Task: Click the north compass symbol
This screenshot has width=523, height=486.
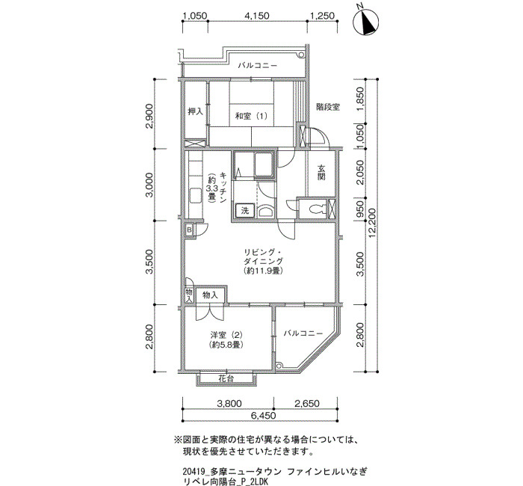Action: point(366,22)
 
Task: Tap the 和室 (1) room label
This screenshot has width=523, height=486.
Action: point(251,116)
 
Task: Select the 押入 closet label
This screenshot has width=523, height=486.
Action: point(196,111)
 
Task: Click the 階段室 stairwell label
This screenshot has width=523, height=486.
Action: point(328,107)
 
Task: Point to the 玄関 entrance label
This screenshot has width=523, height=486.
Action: point(321,172)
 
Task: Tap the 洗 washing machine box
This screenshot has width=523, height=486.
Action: point(245,211)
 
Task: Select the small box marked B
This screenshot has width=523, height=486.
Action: point(190,230)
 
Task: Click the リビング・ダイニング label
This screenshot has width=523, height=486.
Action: point(264,256)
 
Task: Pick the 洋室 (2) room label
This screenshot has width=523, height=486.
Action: point(226,334)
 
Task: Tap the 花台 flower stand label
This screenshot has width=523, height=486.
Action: point(226,378)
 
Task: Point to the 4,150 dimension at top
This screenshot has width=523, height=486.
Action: point(257,16)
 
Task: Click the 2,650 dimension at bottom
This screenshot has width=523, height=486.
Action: point(307,403)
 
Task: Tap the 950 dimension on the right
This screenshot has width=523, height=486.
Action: point(360,209)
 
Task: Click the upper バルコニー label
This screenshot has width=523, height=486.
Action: point(257,66)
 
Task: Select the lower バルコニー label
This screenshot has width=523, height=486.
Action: point(303,333)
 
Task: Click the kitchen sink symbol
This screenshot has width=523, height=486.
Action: point(195,196)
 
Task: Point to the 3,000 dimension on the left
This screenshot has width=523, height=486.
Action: point(150,185)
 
